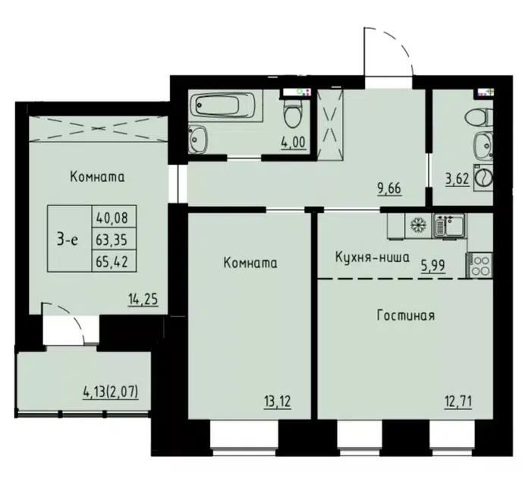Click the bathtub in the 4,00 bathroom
click(227, 105)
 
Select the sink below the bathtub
click(197, 139)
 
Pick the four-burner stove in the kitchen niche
click(479, 265)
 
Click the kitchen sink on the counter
click(449, 225)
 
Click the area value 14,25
click(143, 299)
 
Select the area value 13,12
click(278, 402)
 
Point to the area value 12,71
click(458, 402)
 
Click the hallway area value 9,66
click(389, 189)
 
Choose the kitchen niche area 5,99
click(433, 266)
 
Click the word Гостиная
click(406, 316)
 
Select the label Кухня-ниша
click(372, 258)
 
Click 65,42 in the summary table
click(112, 261)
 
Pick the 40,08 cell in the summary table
click(112, 217)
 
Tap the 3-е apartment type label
click(68, 239)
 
